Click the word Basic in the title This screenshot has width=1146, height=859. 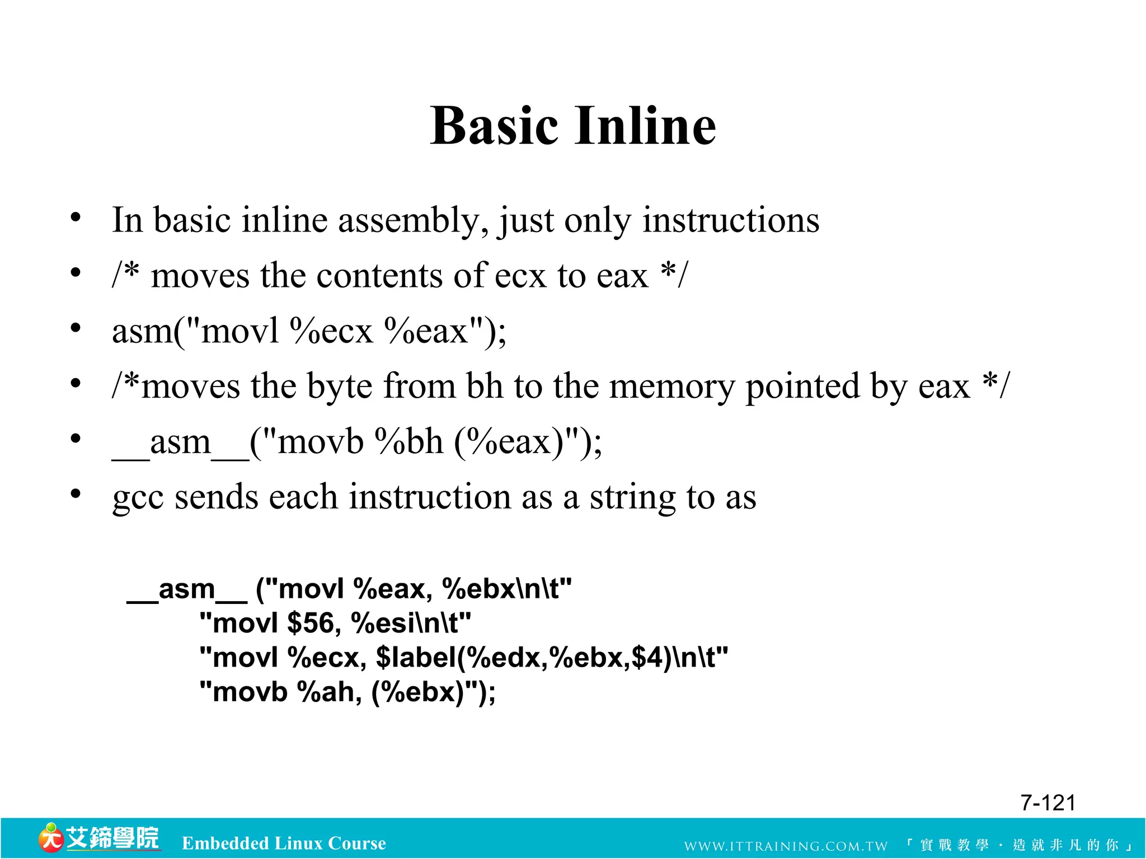point(494,126)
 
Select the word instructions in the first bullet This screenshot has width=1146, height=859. point(731,220)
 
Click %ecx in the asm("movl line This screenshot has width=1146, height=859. point(331,331)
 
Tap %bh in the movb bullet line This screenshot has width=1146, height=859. point(410,442)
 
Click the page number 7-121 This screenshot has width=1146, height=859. point(1048,803)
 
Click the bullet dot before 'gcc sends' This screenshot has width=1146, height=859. point(76,494)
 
